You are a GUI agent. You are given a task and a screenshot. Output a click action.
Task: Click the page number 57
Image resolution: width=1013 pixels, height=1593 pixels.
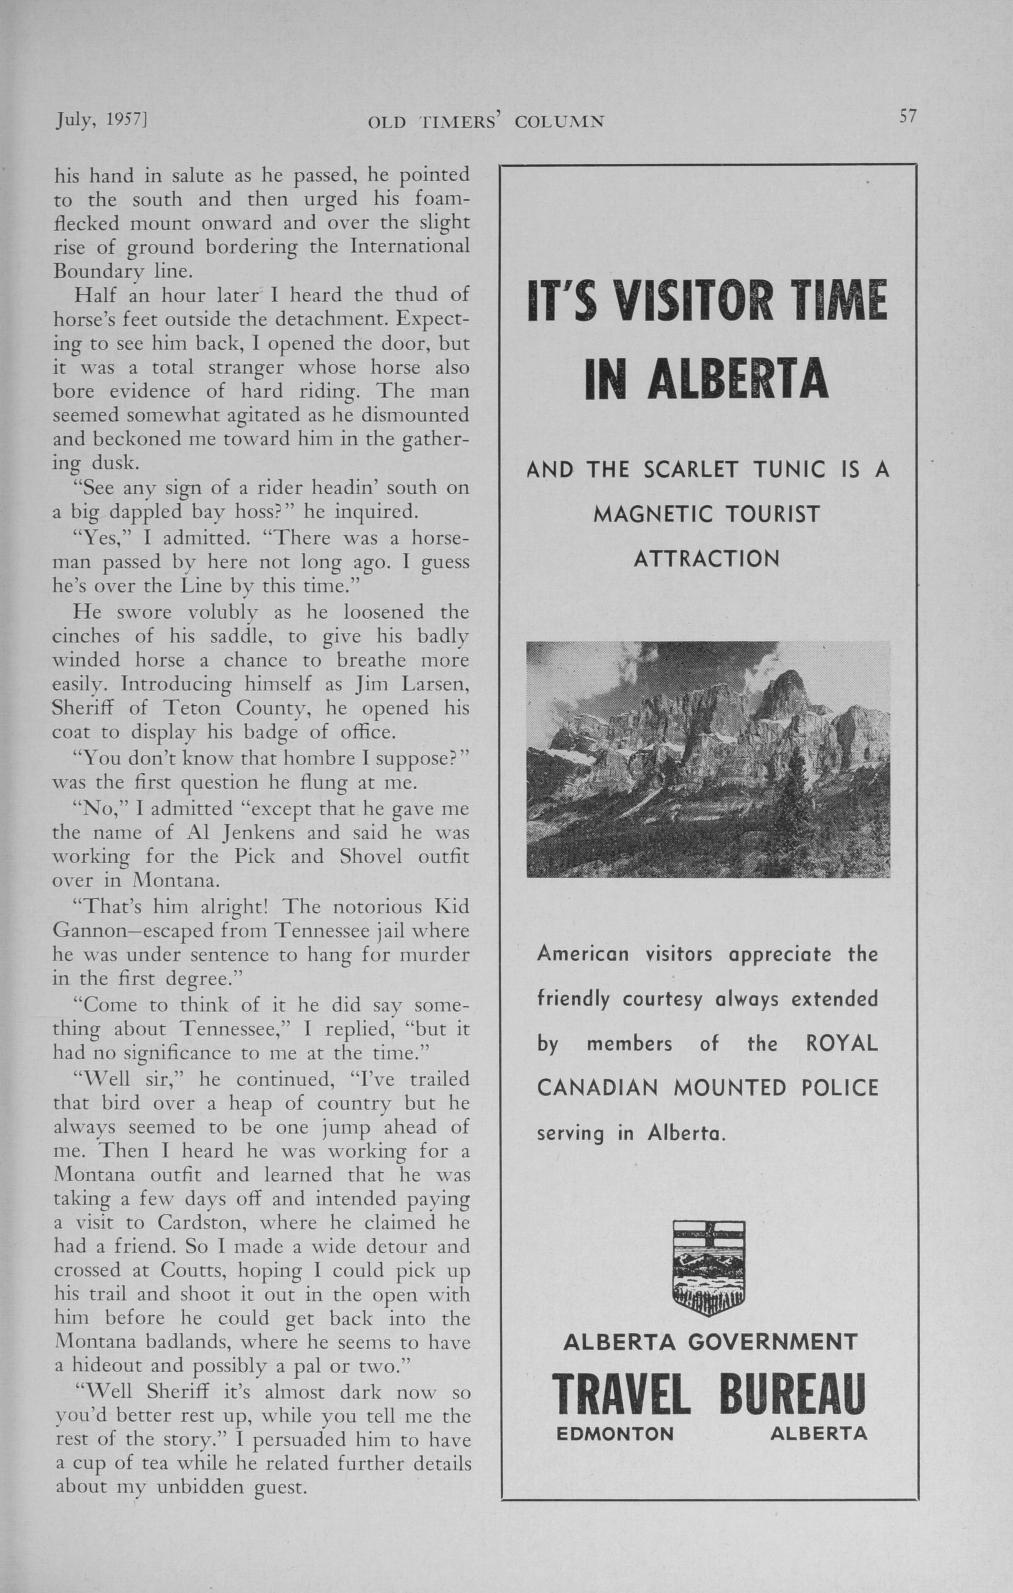907,117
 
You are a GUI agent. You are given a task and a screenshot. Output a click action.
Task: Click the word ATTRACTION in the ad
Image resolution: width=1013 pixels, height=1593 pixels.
707,559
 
